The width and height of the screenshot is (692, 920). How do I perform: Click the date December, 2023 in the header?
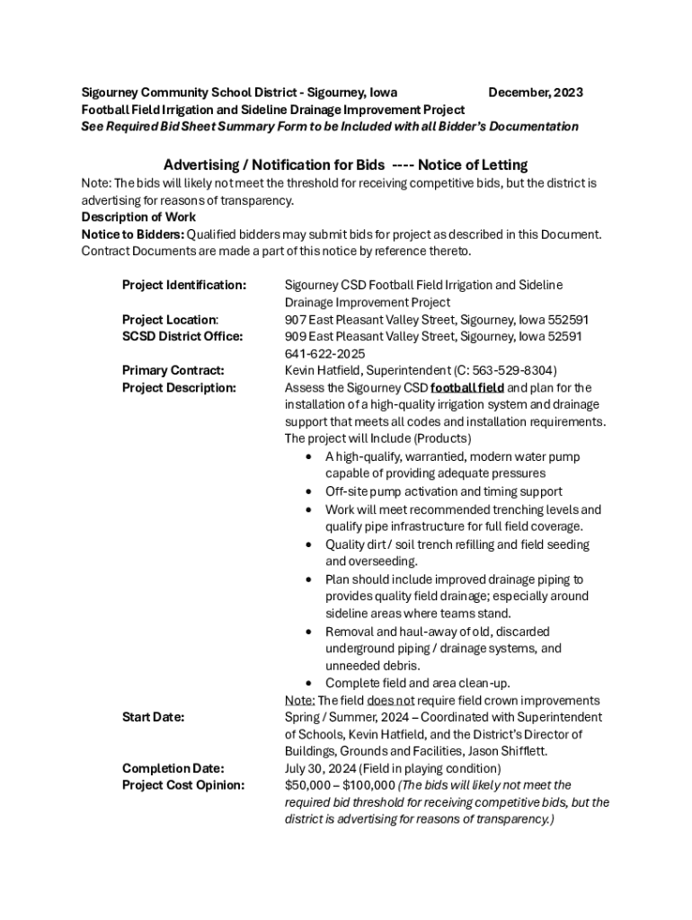535,93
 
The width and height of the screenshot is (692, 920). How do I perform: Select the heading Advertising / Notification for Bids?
274,164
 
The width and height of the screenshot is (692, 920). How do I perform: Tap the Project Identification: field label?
183,285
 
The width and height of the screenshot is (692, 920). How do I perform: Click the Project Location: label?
170,319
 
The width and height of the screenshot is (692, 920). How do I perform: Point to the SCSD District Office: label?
182,336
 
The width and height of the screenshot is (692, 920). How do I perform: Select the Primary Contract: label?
173,370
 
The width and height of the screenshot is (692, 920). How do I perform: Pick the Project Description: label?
178,387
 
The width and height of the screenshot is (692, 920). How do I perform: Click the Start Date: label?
153,717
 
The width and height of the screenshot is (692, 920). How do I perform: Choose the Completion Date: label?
173,768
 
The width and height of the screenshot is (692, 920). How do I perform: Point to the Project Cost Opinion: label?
182,785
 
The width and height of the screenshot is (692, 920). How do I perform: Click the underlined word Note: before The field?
299,700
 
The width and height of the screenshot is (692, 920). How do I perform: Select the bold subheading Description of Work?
138,217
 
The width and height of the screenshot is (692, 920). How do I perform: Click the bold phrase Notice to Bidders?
132,234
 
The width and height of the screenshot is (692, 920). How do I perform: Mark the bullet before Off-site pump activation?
308,491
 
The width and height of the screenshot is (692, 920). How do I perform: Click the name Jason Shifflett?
514,751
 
